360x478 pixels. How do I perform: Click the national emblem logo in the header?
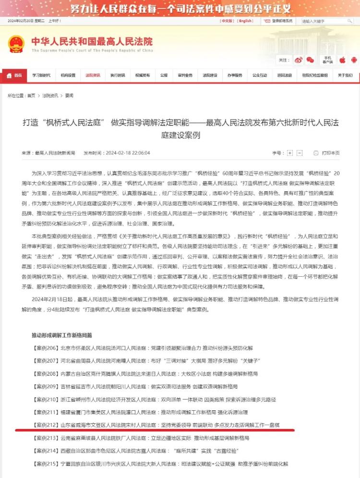tap(16, 44)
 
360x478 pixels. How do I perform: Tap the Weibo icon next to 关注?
tap(299, 60)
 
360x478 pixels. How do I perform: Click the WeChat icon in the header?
tap(311, 60)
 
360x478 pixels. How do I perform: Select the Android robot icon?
tap(354, 60)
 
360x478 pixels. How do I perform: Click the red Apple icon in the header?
tap(342, 60)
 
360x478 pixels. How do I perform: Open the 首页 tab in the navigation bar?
tap(15, 75)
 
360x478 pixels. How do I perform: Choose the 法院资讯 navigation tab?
tap(93, 75)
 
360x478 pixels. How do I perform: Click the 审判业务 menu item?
tap(185, 75)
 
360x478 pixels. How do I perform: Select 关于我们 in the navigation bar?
tap(345, 75)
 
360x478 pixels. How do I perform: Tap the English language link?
tap(245, 21)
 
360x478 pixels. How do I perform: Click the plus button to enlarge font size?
tap(290, 153)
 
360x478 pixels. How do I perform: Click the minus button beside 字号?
tap(300, 153)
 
